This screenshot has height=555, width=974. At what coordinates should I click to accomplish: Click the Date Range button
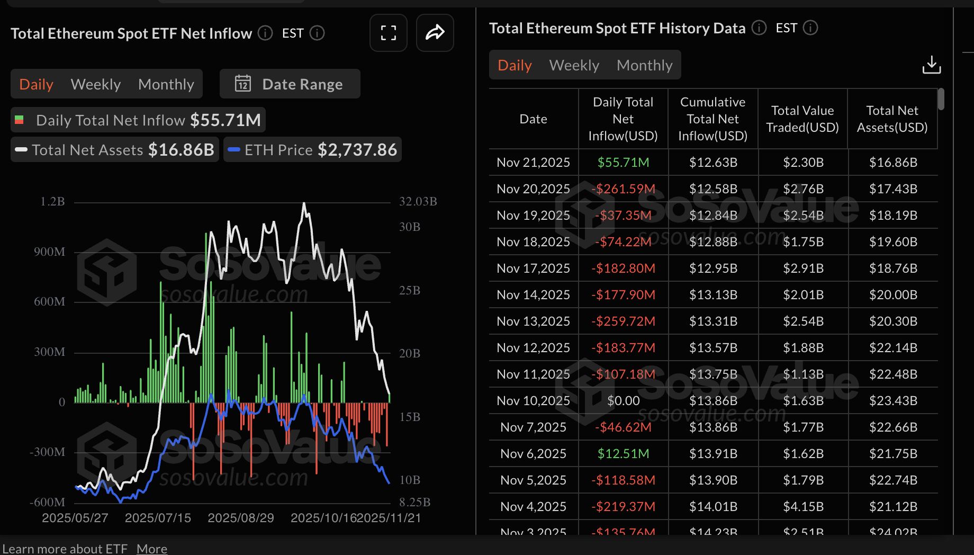(x=290, y=84)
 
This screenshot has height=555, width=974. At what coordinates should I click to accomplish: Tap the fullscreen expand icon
(x=388, y=33)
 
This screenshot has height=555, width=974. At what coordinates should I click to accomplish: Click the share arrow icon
(x=435, y=33)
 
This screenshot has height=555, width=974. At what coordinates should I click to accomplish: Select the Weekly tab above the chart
(x=95, y=84)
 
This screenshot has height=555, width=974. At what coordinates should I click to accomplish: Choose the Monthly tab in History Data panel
(x=644, y=65)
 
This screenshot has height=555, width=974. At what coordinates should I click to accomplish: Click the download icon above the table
(x=931, y=65)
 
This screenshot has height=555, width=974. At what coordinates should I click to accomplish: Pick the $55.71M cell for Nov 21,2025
(x=623, y=162)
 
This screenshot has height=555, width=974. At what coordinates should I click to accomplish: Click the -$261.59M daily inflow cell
(x=623, y=189)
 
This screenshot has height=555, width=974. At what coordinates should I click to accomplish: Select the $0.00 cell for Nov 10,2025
(x=623, y=400)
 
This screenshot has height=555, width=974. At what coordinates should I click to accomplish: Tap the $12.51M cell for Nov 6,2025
(x=623, y=453)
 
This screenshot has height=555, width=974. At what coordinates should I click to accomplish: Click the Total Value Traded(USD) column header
(x=802, y=119)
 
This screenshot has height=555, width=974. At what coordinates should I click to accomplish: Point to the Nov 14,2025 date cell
(x=533, y=294)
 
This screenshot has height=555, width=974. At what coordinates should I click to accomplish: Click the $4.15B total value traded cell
(x=803, y=506)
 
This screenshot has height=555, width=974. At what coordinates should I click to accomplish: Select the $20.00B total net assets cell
(x=893, y=294)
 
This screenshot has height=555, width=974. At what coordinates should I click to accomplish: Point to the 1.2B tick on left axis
(x=52, y=201)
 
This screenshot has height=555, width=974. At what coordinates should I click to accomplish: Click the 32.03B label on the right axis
(x=418, y=201)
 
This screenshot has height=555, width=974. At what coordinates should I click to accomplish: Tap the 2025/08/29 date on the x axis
(x=241, y=517)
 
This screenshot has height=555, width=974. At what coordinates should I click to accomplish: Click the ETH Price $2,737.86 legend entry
(x=313, y=150)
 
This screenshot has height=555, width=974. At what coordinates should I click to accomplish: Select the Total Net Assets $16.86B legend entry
(x=115, y=150)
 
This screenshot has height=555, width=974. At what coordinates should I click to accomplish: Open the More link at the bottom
(x=151, y=549)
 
